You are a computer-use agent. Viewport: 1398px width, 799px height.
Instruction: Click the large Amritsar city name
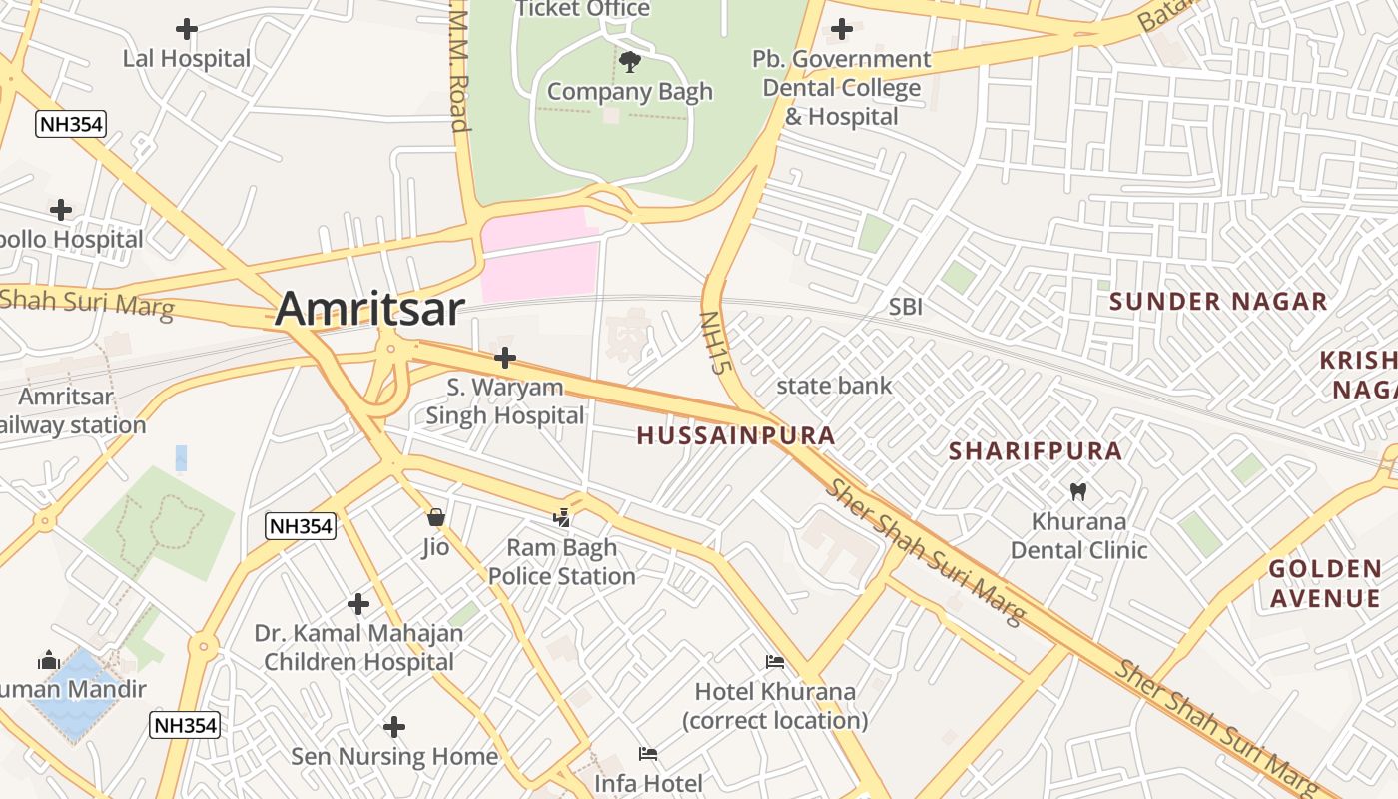pyautogui.click(x=369, y=309)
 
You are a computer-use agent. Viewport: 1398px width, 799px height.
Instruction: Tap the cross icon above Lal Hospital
pyautogui.click(x=187, y=29)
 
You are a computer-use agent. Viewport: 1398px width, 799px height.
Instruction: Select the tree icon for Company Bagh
pyautogui.click(x=630, y=62)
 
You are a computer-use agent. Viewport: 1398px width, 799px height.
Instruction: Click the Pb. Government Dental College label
pyautogui.click(x=841, y=88)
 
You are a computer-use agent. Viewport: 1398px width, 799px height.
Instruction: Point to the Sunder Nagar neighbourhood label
pyautogui.click(x=1218, y=302)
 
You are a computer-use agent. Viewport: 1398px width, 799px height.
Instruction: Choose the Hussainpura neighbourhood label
pyautogui.click(x=736, y=435)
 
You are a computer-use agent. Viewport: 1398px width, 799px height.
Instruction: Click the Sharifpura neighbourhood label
pyautogui.click(x=1036, y=451)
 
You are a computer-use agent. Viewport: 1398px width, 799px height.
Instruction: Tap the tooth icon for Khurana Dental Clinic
pyautogui.click(x=1077, y=491)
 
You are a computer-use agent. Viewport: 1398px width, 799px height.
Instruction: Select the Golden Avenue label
pyautogui.click(x=1325, y=584)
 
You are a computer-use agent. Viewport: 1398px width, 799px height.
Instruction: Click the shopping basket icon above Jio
pyautogui.click(x=435, y=517)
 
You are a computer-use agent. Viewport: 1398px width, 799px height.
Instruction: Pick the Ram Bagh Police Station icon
pyautogui.click(x=562, y=518)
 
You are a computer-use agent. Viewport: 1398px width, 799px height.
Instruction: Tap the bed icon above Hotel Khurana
pyautogui.click(x=774, y=662)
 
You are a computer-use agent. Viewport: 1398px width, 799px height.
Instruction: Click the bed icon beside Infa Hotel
pyautogui.click(x=648, y=754)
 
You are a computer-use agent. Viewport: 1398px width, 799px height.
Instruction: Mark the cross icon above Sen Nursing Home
pyautogui.click(x=394, y=726)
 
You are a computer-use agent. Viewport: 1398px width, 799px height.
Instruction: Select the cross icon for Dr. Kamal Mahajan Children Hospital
pyautogui.click(x=358, y=604)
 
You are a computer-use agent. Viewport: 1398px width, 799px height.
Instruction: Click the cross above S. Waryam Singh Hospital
pyautogui.click(x=505, y=357)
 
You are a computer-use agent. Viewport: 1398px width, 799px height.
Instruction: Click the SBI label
pyautogui.click(x=906, y=307)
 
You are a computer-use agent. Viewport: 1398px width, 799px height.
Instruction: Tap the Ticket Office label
pyautogui.click(x=582, y=9)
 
